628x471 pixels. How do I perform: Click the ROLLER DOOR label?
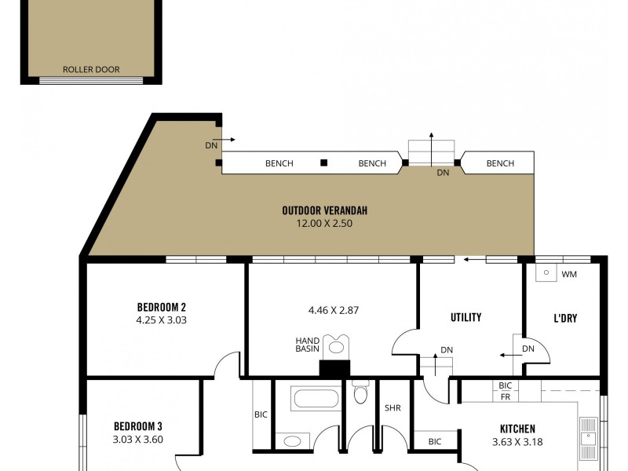[x=91, y=70]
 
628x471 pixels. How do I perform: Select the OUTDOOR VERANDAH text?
[x=325, y=210]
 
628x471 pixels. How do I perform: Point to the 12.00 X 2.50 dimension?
[x=325, y=224]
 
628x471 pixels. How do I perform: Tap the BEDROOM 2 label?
[x=161, y=307]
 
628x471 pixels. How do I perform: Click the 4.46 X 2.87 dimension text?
[x=334, y=310]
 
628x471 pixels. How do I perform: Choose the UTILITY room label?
[x=466, y=318]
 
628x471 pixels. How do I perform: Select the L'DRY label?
[x=565, y=318]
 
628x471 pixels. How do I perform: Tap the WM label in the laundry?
[x=569, y=274]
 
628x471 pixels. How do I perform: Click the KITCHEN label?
[x=517, y=429]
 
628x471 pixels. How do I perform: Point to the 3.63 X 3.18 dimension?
[x=517, y=442]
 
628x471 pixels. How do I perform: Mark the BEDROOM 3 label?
[x=138, y=426]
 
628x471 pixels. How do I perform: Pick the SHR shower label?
[x=392, y=408]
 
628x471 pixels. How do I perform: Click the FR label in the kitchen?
[x=506, y=397]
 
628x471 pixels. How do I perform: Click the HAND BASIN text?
[x=307, y=344]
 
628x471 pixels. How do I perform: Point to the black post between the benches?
[x=323, y=163]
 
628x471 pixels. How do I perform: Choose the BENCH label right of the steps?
[x=500, y=163]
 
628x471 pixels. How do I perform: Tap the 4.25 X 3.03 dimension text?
[x=161, y=320]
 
